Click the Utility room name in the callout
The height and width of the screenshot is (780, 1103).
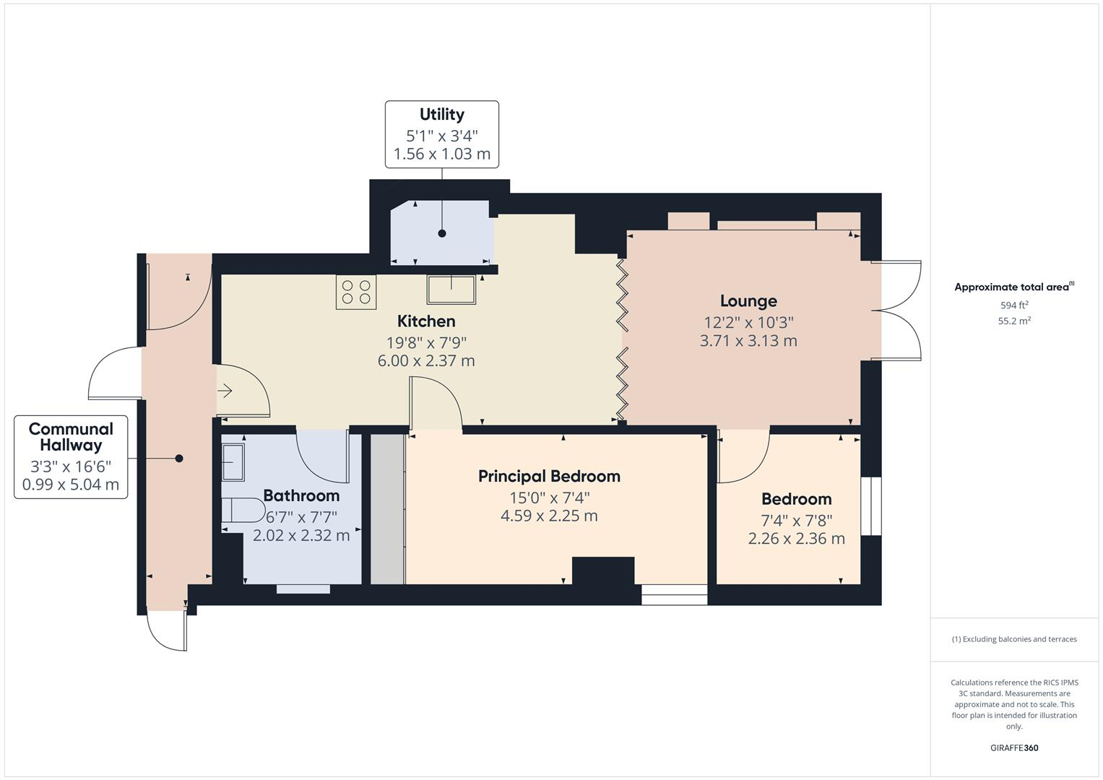441,114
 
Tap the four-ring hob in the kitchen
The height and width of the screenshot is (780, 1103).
356,292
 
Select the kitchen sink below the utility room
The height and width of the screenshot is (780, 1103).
451,290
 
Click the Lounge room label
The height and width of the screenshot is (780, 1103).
748,301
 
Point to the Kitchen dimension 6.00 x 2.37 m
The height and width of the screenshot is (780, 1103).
426,360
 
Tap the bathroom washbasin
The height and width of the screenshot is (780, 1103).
233,461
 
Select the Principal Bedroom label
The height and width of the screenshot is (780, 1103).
549,476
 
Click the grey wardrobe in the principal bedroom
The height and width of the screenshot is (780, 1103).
387,508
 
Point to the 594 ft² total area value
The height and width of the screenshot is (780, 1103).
1014,305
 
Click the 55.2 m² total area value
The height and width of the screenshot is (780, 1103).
1014,321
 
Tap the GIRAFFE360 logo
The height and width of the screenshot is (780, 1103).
1014,747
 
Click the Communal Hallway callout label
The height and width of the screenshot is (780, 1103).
71,437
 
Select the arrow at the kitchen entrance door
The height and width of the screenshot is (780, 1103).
225,391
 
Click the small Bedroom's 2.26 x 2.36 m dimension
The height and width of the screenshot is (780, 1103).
796,539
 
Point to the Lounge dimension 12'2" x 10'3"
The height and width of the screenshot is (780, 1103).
748,322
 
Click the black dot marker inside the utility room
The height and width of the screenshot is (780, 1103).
442,233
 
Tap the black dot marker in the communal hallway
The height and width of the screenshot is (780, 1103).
179,458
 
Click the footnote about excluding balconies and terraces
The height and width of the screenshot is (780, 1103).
1014,639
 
